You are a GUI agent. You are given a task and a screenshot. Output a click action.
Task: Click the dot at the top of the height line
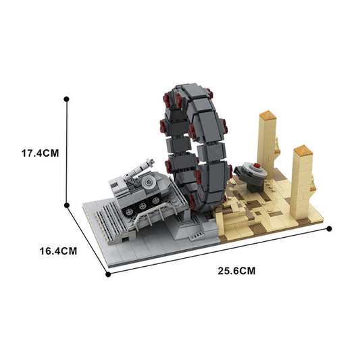(66, 99)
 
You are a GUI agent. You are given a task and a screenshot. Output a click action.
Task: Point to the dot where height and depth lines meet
(66, 205)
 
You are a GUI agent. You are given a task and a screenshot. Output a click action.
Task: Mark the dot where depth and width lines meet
(107, 274)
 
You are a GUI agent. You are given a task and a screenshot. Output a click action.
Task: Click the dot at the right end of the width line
(330, 228)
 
